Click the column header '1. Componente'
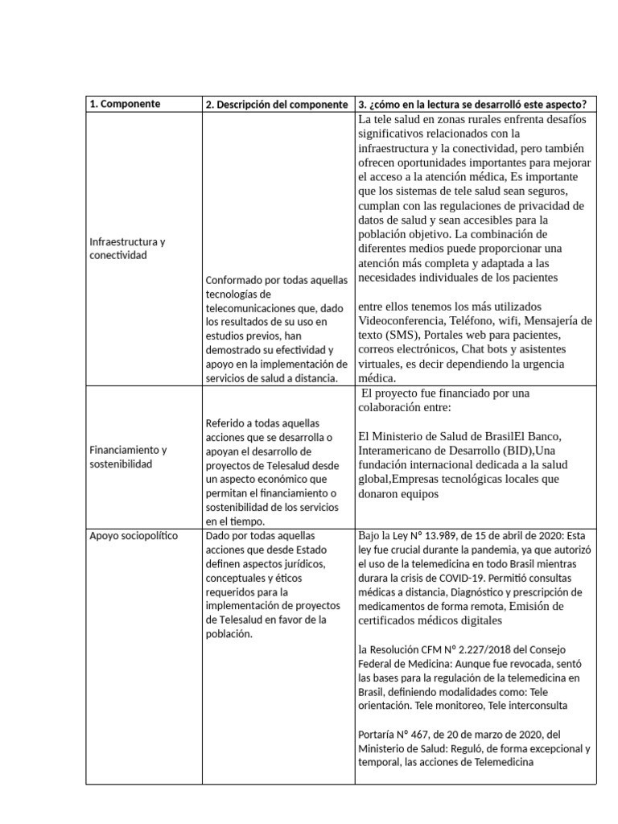click(x=125, y=104)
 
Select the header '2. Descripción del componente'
click(x=276, y=105)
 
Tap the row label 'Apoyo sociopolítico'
click(x=134, y=535)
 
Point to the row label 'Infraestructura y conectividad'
click(x=127, y=248)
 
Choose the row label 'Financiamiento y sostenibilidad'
click(x=127, y=457)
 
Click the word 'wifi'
click(x=501, y=320)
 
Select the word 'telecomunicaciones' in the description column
click(x=253, y=308)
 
